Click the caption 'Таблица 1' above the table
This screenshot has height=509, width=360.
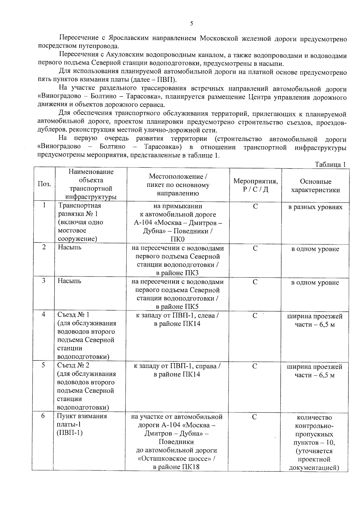tap(330, 164)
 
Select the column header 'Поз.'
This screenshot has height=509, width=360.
tap(44, 184)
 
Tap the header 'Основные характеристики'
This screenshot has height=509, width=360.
tap(315, 186)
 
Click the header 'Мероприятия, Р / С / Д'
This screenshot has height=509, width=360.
tap(255, 185)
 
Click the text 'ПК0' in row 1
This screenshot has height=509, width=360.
tap(178, 239)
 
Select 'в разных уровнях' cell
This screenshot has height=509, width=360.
tap(315, 207)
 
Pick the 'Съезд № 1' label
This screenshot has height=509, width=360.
tap(73, 315)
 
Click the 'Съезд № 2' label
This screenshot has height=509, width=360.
tap(73, 365)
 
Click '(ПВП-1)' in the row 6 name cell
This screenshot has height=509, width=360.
tap(70, 433)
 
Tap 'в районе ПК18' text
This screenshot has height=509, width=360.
tap(176, 467)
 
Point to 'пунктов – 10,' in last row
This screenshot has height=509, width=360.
tap(314, 442)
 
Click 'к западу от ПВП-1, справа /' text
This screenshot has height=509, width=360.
tap(177, 366)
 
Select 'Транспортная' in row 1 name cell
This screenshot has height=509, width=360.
tap(79, 205)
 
